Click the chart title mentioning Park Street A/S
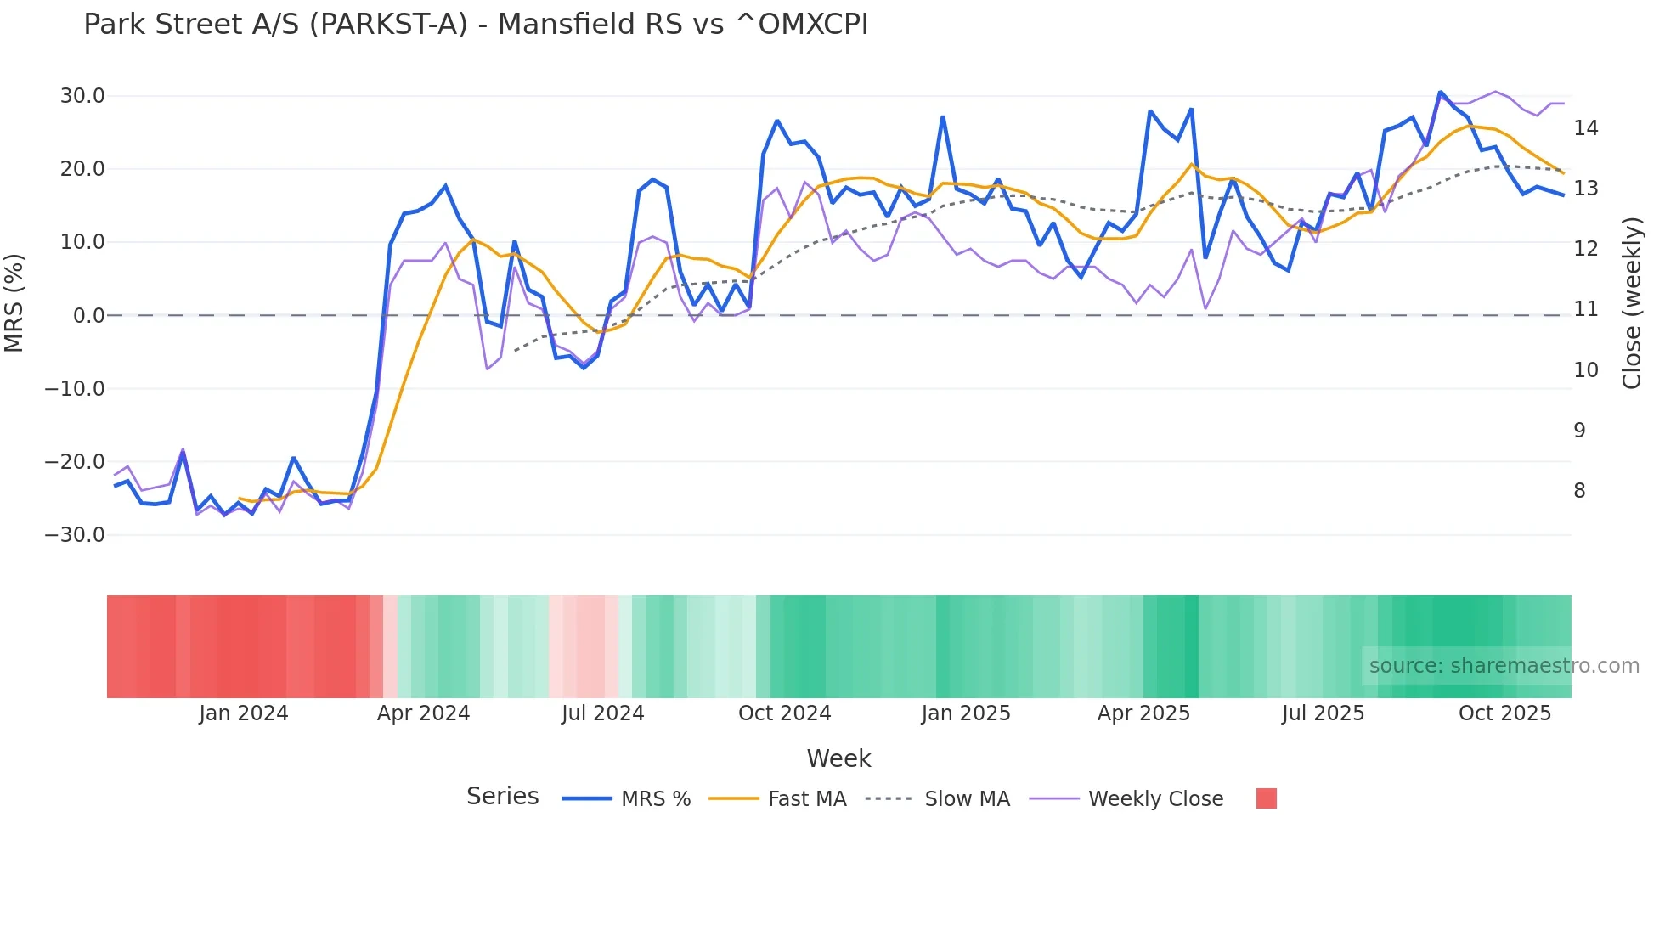(476, 25)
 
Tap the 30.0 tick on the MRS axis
(82, 96)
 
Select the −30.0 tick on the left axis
(75, 535)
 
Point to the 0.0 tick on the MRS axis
(88, 316)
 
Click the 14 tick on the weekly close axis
(1585, 128)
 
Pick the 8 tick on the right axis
(1579, 491)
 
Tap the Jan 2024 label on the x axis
(244, 713)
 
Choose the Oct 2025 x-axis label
(1504, 713)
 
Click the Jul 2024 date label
(602, 713)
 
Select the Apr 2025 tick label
(1143, 713)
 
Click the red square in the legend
(1266, 798)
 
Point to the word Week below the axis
(838, 758)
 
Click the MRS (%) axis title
(14, 302)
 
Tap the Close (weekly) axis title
(1631, 303)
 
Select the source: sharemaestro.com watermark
(1504, 666)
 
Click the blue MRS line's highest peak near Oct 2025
(1440, 92)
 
